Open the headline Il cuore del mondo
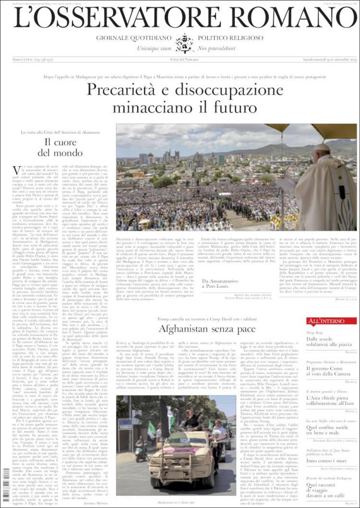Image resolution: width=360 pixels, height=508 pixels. pos(63,147)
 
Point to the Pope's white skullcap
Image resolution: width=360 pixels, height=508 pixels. pos(322,147)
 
